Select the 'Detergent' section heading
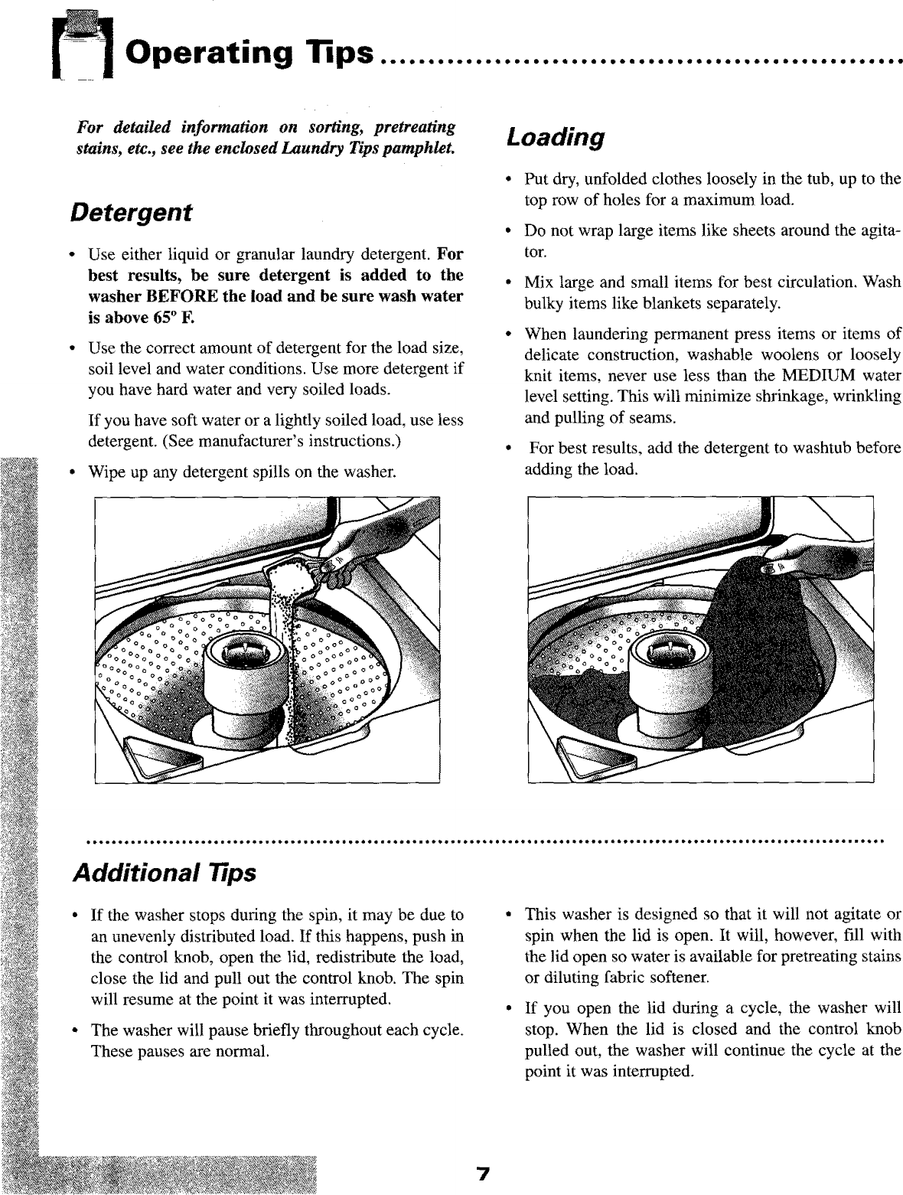[129, 211]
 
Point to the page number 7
[482, 1175]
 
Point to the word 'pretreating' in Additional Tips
[829, 957]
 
